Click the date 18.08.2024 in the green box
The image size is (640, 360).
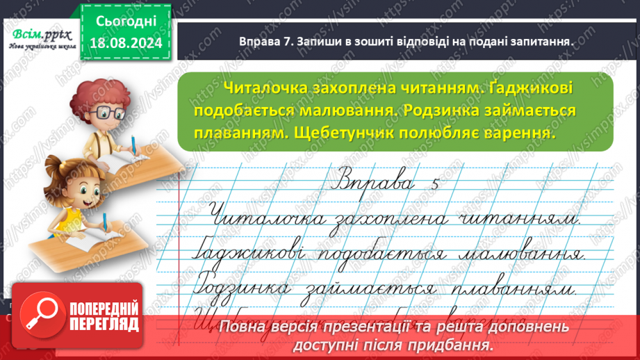click(x=126, y=42)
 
